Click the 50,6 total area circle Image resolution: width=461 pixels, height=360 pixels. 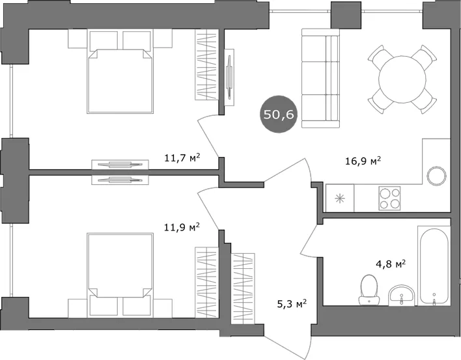(x=279, y=114)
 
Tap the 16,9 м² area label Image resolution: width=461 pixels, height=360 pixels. (x=363, y=161)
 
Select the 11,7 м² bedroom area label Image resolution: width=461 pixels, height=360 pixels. (x=182, y=158)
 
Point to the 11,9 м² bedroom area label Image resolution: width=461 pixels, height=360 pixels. (x=182, y=227)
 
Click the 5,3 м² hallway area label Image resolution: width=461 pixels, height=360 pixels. (x=292, y=303)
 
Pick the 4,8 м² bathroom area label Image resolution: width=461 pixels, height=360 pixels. (x=391, y=264)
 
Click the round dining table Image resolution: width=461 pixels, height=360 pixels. (x=402, y=79)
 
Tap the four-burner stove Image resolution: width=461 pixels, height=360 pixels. (x=389, y=198)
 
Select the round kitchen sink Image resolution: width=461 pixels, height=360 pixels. (x=437, y=176)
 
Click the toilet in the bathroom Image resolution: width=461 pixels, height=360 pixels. (x=369, y=290)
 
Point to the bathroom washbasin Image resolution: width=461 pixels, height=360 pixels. (x=402, y=296)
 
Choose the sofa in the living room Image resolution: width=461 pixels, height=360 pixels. (x=320, y=78)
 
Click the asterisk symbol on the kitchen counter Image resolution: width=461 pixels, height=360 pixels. (x=340, y=199)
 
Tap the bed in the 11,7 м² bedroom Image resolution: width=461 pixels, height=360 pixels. (x=120, y=72)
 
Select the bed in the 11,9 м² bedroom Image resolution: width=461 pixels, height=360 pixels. (x=120, y=275)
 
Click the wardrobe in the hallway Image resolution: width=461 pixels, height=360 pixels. (x=243, y=288)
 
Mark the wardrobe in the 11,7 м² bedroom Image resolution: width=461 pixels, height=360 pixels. (x=206, y=64)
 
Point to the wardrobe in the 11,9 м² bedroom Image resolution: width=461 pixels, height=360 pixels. (x=207, y=283)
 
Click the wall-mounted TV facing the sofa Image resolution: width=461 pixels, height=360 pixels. (x=229, y=77)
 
